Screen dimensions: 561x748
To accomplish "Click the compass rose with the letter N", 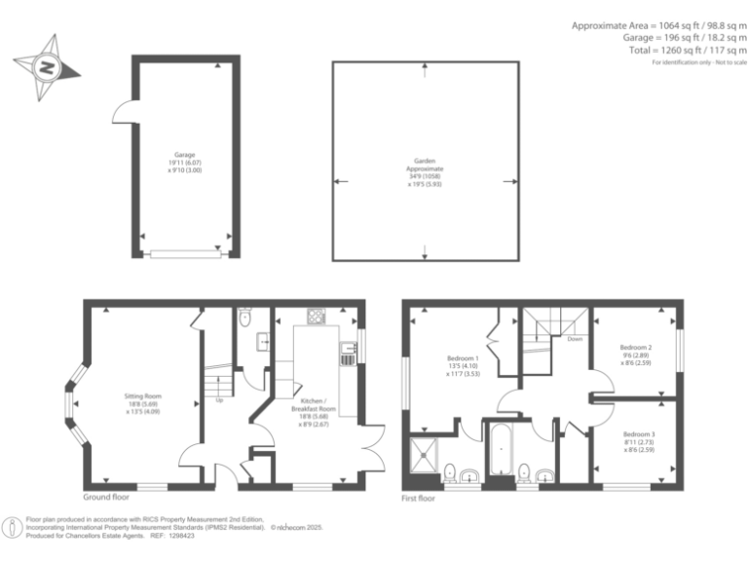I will [45, 67].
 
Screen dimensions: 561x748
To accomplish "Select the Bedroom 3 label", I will [637, 439].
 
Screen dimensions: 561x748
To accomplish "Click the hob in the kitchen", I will [317, 316].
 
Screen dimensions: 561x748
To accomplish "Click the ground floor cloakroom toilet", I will [245, 317].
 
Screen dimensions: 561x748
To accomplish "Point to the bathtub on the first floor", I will [500, 452].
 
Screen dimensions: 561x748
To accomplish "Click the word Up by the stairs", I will [219, 398].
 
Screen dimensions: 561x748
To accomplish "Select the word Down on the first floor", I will [575, 340].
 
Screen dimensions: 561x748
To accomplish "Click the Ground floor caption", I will [108, 497].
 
